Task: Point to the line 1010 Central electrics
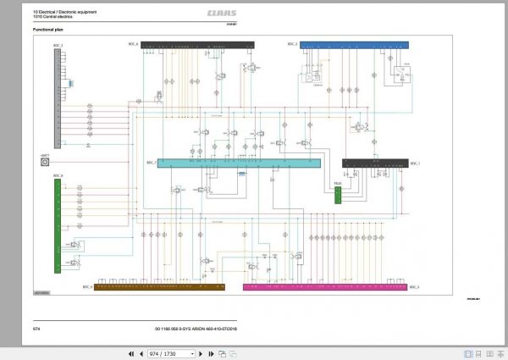tap(52, 16)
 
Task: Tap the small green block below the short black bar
tap(337, 194)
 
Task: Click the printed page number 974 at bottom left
tap(36, 326)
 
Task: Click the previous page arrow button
tap(141, 352)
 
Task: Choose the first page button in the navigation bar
tap(130, 352)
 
